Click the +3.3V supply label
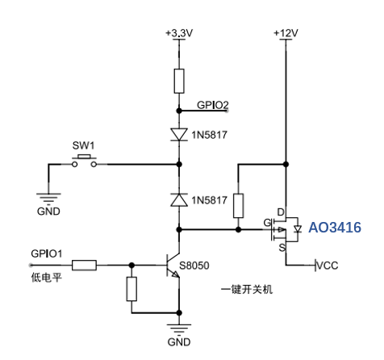[x=179, y=33]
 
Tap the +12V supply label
[x=286, y=33]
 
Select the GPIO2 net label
[x=213, y=105]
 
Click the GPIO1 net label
[x=47, y=253]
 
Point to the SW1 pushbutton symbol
[x=84, y=161]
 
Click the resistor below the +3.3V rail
[x=179, y=81]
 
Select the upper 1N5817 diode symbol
[x=179, y=135]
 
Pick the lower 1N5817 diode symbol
[x=179, y=200]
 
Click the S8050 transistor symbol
[x=173, y=266]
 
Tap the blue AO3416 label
[x=335, y=228]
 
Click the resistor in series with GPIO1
[x=84, y=266]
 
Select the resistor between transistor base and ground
[x=131, y=289]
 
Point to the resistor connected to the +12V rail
[x=238, y=206]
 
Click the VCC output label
[x=327, y=266]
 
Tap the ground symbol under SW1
[x=48, y=198]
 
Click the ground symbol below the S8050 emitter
[x=179, y=329]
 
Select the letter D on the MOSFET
[x=281, y=212]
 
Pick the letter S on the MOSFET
[x=282, y=247]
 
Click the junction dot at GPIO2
[x=179, y=111]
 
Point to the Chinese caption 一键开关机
[x=247, y=290]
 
